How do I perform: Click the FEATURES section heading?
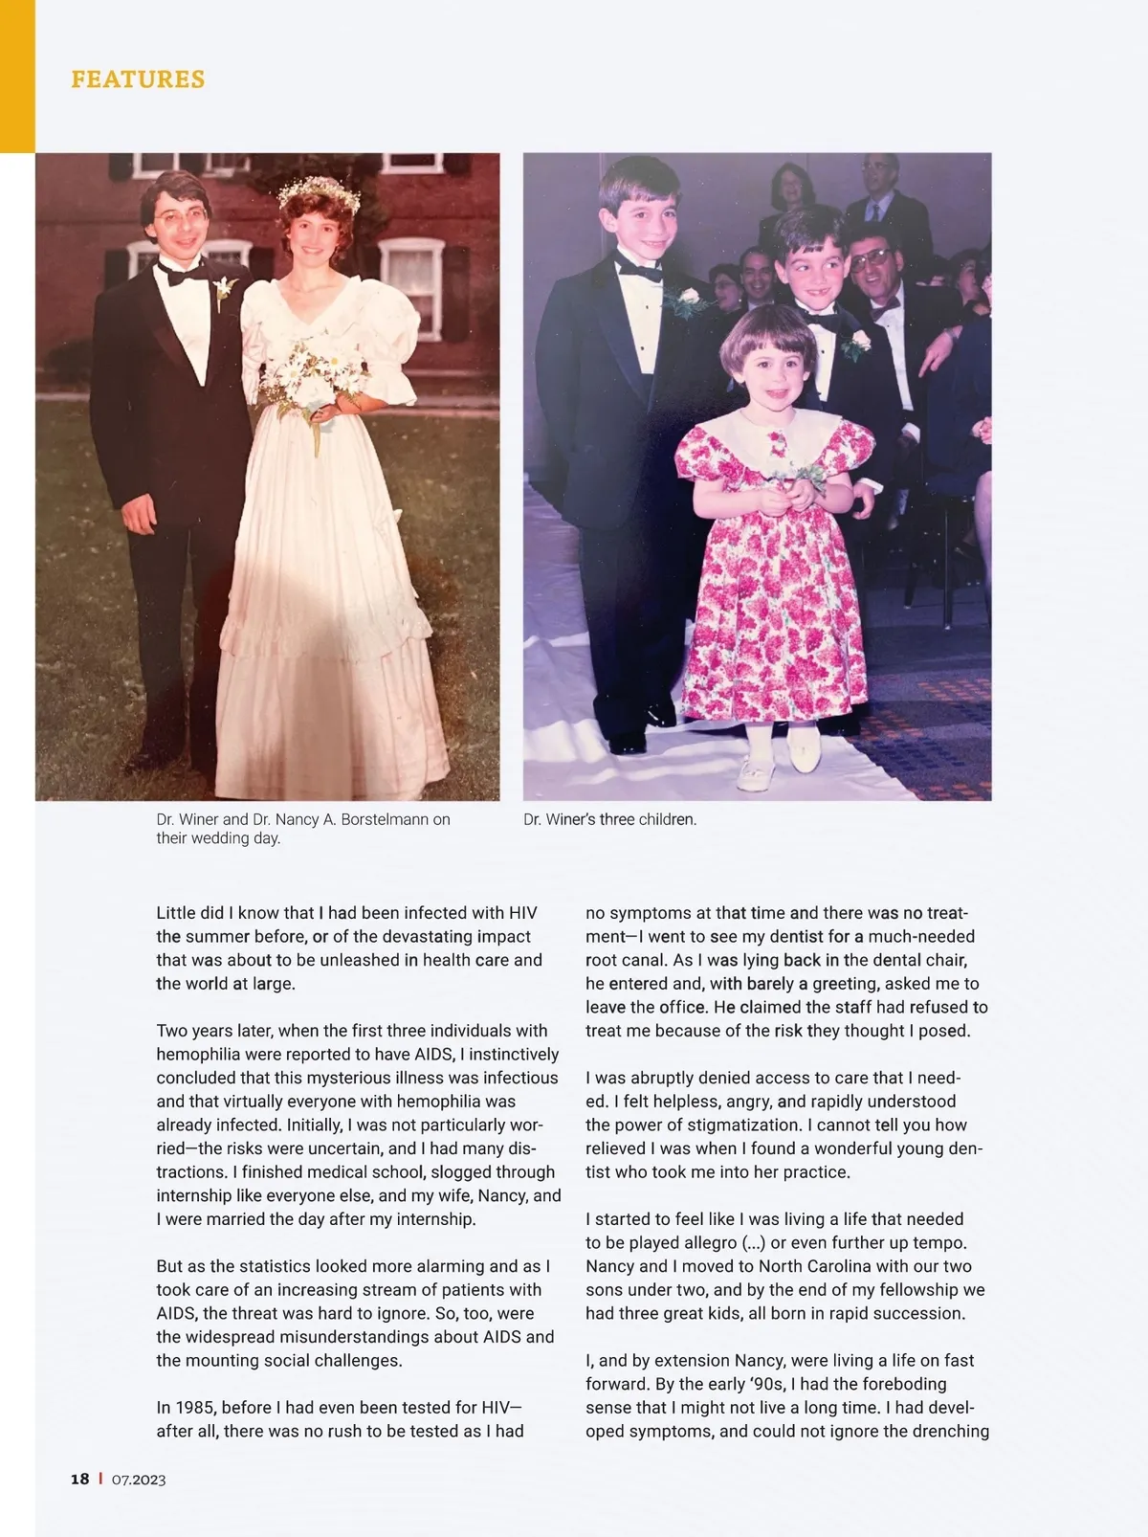coord(138,79)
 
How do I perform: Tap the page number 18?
coord(80,1479)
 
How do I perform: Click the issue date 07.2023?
coord(139,1480)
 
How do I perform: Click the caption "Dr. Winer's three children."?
coord(610,819)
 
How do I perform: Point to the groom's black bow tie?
coord(183,275)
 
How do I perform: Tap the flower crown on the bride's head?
coord(319,193)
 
